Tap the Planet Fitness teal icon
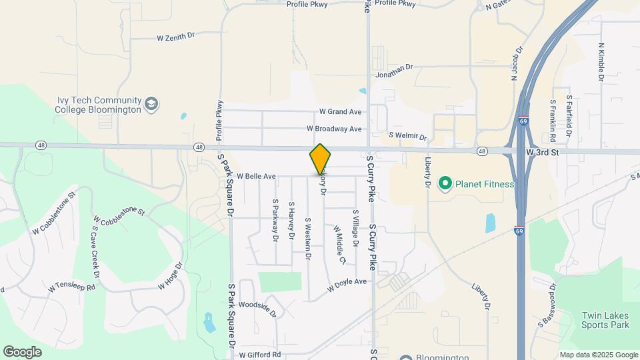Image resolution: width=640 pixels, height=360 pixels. [444, 183]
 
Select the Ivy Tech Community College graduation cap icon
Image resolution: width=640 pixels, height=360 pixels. [152, 104]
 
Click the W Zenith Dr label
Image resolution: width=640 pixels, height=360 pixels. [175, 39]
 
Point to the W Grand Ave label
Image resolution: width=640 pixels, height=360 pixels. [340, 111]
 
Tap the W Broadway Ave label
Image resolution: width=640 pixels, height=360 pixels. [334, 128]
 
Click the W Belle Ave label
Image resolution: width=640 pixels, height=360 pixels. [256, 177]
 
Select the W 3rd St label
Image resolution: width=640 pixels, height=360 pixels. [541, 153]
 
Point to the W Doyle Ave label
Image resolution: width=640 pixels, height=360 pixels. [347, 285]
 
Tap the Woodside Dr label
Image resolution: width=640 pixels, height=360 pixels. [257, 307]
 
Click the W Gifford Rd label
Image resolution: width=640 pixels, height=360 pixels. [260, 355]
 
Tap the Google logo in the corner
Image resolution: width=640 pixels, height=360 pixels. [22, 351]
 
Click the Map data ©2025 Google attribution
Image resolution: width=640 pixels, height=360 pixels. [598, 355]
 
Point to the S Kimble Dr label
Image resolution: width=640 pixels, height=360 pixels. [601, 63]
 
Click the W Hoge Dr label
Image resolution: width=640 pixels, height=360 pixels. [170, 275]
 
